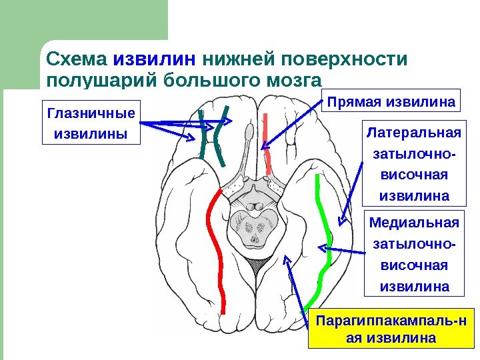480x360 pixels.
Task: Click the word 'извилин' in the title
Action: pyautogui.click(x=154, y=60)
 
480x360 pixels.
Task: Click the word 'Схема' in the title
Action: pyautogui.click(x=77, y=60)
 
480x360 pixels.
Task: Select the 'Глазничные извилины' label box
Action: pyautogui.click(x=91, y=123)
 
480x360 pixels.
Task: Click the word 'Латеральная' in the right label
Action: pyautogui.click(x=415, y=130)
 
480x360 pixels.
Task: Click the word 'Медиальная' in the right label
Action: pyautogui.click(x=415, y=222)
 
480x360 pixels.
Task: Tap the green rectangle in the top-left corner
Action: pyautogui.click(x=83, y=20)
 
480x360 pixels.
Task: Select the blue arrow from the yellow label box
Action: pyautogui.click(x=299, y=287)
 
